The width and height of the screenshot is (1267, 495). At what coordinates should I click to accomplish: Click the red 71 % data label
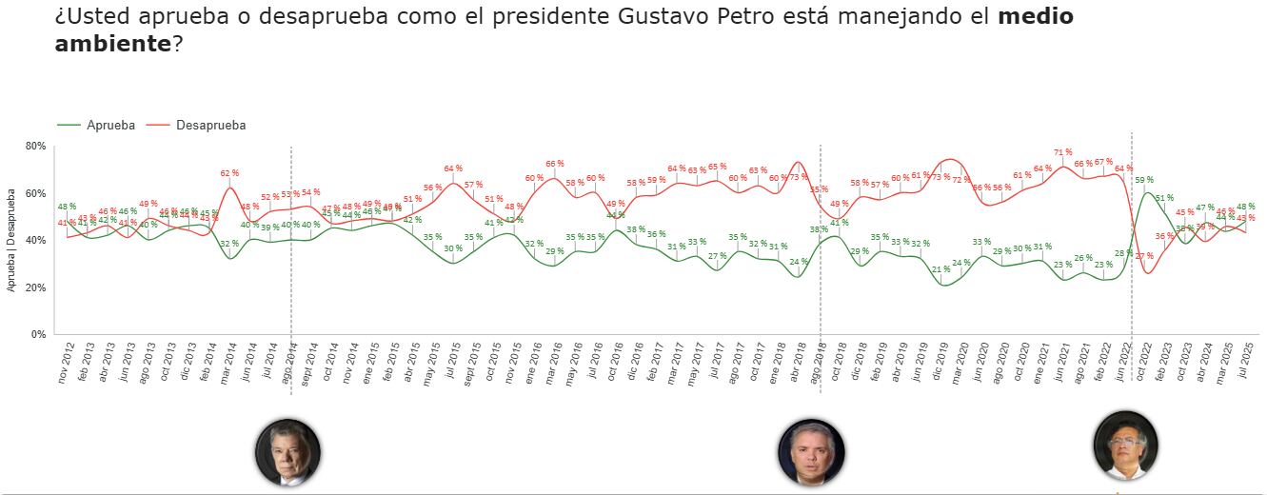click(1063, 152)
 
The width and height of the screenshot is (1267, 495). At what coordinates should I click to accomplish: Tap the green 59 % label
click(1144, 179)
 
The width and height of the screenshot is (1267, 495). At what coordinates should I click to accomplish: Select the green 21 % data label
click(941, 269)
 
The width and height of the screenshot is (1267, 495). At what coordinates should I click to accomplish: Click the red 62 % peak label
click(229, 173)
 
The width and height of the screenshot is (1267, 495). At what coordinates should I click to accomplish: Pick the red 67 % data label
click(1103, 162)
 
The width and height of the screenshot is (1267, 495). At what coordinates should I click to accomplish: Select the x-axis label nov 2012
click(65, 365)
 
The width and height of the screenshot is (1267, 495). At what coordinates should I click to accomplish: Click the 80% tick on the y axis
click(36, 146)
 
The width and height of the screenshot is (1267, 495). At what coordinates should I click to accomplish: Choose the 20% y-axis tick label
click(36, 287)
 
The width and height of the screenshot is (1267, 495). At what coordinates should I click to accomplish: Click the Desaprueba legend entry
click(210, 125)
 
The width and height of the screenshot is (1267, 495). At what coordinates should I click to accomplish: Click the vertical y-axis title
click(11, 239)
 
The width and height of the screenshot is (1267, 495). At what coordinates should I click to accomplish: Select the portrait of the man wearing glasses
click(1125, 445)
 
